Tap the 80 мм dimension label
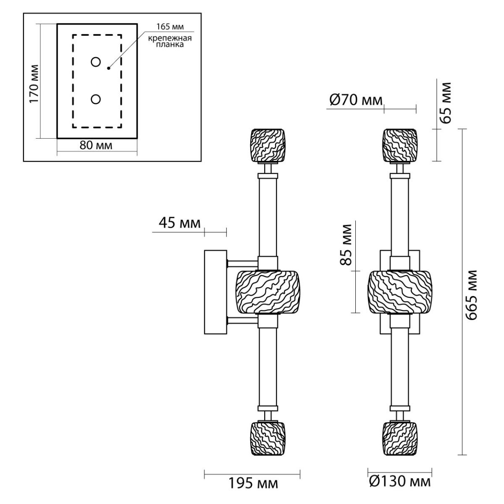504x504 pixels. pos(96,145)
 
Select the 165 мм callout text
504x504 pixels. pos(170,27)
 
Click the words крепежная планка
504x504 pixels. pos(170,41)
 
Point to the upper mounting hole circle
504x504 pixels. pos(96,62)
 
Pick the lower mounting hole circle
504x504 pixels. pos(96,100)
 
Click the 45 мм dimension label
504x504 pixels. pos(180,223)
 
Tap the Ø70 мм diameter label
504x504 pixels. pos(356,100)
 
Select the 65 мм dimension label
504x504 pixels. pos(446,103)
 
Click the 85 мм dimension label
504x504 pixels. pos(346,244)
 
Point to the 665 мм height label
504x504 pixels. pos(472,295)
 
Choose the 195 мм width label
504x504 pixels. pos(253,483)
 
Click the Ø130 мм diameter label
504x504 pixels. pos(400,481)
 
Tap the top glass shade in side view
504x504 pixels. pos(268,145)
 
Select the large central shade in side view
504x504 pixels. pos(268,292)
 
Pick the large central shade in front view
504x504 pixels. pos(400,292)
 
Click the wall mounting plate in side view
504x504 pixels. pos(215,292)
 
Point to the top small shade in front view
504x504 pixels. pos(399,145)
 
